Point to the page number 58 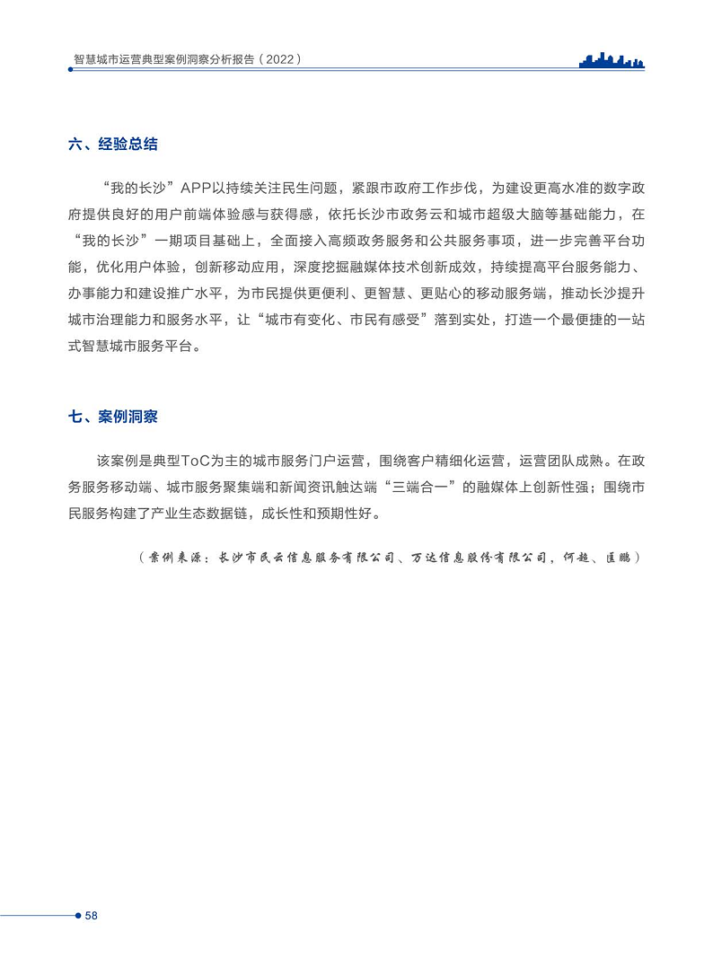point(91,916)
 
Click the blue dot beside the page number point(77,916)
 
